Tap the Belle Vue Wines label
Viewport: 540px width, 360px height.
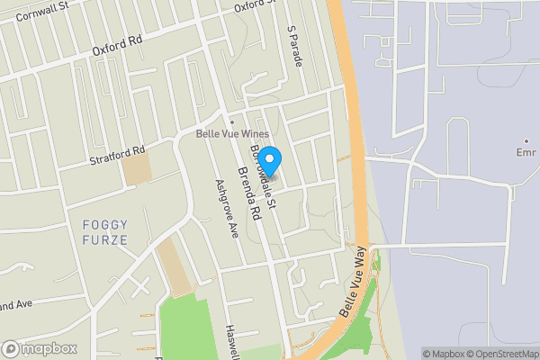tap(232, 134)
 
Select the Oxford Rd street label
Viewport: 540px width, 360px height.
tap(117, 47)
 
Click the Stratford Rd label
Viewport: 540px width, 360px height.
tap(117, 156)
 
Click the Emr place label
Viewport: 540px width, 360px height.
tap(527, 151)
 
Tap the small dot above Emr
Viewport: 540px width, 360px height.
tap(527, 139)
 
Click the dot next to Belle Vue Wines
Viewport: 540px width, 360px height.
tap(232, 121)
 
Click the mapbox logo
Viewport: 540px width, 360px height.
tap(38, 348)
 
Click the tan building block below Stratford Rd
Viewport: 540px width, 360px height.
tap(138, 170)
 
